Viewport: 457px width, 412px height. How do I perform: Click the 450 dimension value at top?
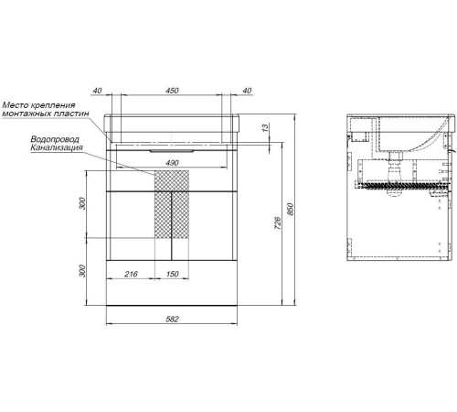(x=172, y=91)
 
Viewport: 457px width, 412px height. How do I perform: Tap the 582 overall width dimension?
(x=172, y=320)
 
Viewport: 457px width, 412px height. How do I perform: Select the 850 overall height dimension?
(x=291, y=210)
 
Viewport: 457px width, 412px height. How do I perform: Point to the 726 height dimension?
(x=277, y=223)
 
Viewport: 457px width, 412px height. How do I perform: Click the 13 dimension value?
(x=266, y=127)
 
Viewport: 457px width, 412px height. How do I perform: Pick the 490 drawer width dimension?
(x=172, y=163)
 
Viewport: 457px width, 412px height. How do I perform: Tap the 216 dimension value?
(x=131, y=274)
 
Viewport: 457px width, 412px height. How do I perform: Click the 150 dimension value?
(x=172, y=274)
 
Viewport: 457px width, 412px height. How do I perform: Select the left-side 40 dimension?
(x=97, y=91)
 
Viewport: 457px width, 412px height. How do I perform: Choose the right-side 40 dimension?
(x=247, y=91)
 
